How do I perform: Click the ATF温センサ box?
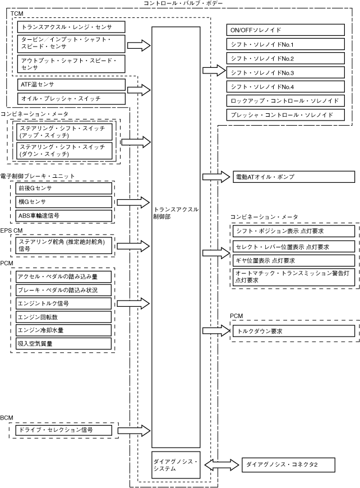point(71,85)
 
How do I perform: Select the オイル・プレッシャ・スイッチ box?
point(71,99)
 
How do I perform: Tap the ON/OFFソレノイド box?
point(285,30)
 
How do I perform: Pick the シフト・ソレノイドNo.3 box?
point(285,72)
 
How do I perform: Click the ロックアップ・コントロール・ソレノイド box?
point(285,101)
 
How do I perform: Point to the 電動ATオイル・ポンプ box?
point(294,177)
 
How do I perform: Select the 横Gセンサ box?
point(64,202)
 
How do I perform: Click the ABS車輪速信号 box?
point(64,215)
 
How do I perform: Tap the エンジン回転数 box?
point(63,317)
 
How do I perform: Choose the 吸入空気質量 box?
point(63,344)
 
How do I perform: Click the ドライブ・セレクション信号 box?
point(64,430)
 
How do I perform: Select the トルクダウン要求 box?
point(294,331)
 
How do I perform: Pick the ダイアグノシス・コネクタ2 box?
point(288,465)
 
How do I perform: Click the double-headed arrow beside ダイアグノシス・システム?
point(221,465)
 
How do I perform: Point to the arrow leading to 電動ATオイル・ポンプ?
point(216,177)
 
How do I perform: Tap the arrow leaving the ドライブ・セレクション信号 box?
point(134,430)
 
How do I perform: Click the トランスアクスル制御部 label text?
point(176,213)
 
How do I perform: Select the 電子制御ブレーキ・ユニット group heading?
point(38,176)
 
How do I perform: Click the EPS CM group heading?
point(12,231)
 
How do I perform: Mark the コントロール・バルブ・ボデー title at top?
point(183,3)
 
